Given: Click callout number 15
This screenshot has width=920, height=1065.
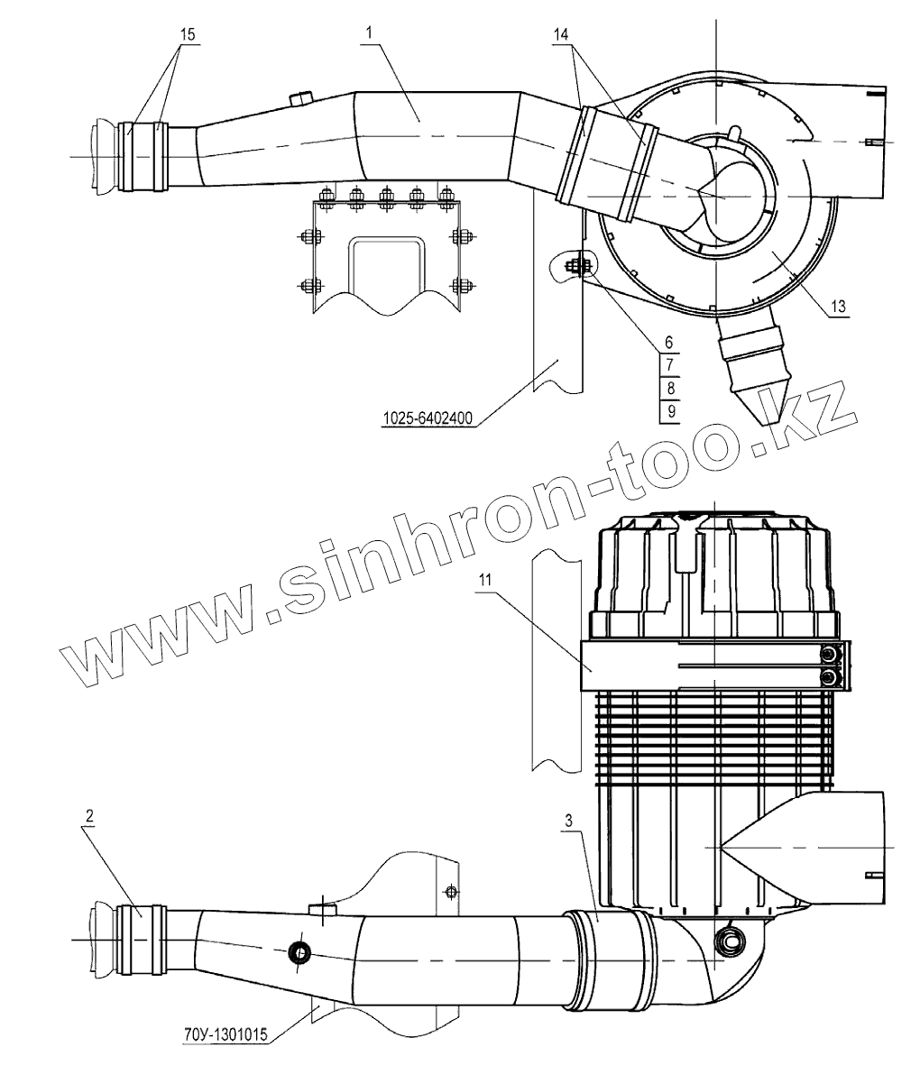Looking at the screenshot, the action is click(188, 34).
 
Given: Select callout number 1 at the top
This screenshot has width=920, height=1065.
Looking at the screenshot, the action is click(370, 31).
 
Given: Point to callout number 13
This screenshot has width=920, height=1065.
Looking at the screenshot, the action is click(838, 307).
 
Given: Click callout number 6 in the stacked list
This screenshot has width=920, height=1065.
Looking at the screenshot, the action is click(668, 343).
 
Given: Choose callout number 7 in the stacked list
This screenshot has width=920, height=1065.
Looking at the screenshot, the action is click(668, 365).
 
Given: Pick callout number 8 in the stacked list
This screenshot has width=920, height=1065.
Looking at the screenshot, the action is click(668, 388).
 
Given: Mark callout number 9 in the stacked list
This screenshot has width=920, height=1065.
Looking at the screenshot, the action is click(668, 411).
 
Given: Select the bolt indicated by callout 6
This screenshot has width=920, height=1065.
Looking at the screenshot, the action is click(575, 266).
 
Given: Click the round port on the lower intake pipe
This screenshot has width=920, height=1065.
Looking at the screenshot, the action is click(297, 951).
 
